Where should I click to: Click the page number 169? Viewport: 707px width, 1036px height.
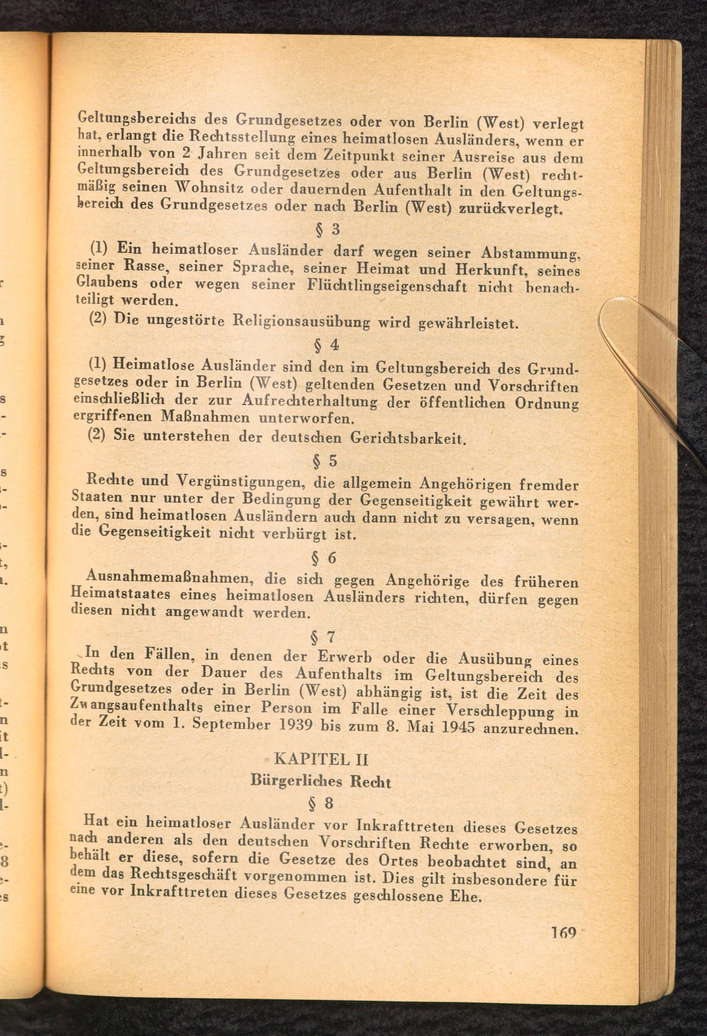564,932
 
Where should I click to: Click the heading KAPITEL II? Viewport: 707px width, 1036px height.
322,758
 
